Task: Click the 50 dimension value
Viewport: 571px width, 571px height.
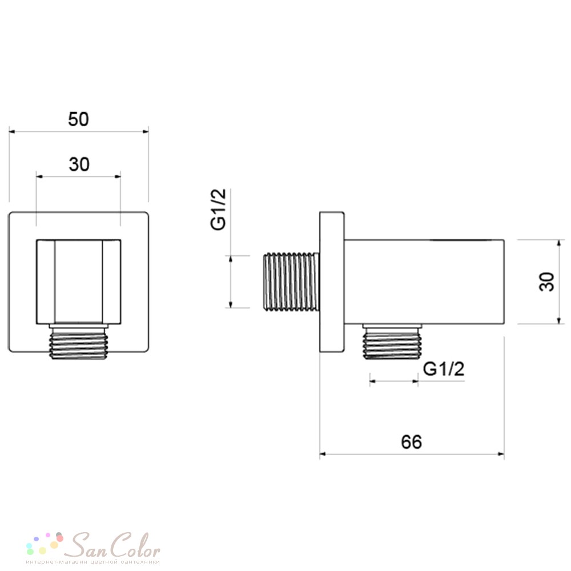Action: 78,119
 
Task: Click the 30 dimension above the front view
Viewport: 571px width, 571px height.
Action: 79,164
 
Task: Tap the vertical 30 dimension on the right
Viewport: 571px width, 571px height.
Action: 546,282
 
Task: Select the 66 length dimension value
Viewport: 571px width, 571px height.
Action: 411,442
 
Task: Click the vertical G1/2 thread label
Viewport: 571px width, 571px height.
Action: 219,210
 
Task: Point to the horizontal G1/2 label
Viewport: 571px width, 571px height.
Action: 444,369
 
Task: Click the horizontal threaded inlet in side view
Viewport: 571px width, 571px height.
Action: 291,282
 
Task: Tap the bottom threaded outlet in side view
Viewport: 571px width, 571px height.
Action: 392,341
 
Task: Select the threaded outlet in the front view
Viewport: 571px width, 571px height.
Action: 79,341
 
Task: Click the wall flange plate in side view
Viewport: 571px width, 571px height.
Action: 332,282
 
